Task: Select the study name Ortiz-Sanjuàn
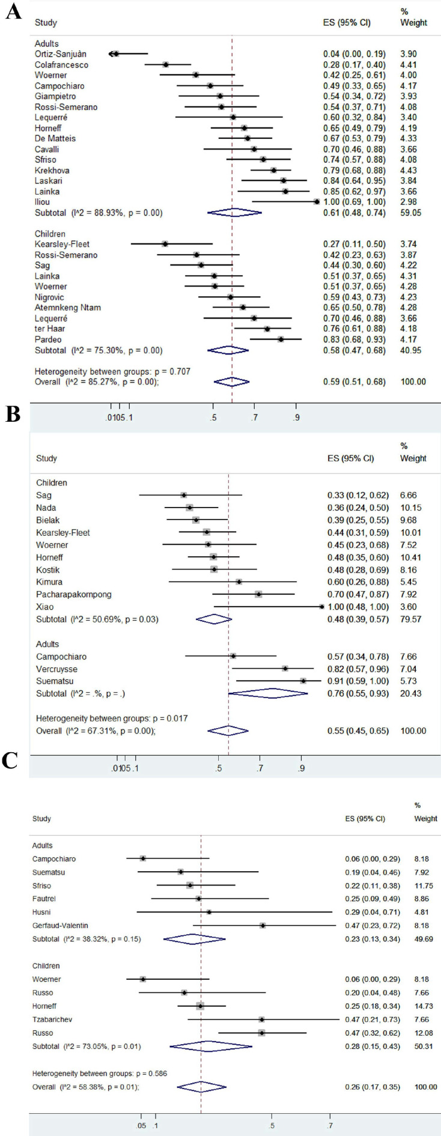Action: tap(58, 54)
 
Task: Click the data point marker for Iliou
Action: tap(317, 202)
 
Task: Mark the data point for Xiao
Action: tap(322, 607)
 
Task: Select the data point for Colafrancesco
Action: tap(166, 65)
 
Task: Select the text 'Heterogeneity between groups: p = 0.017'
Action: tap(112, 718)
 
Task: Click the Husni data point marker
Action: tap(209, 912)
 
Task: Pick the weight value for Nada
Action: tap(411, 508)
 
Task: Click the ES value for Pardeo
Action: tap(354, 339)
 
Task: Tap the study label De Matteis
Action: tap(55, 139)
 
